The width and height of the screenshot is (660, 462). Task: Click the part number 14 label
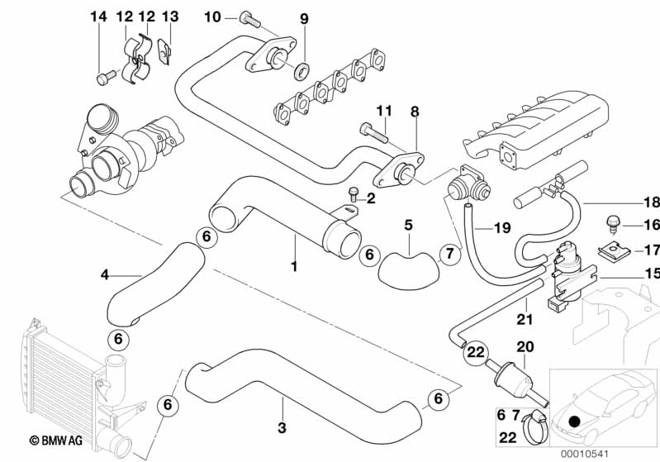click(x=98, y=17)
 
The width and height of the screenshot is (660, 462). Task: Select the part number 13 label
click(x=170, y=17)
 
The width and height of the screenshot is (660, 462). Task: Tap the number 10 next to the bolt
click(x=212, y=17)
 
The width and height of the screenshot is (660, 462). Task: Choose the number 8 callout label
click(x=415, y=111)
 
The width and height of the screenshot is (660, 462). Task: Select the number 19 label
click(x=504, y=226)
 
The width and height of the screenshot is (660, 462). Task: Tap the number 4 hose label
click(x=105, y=274)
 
